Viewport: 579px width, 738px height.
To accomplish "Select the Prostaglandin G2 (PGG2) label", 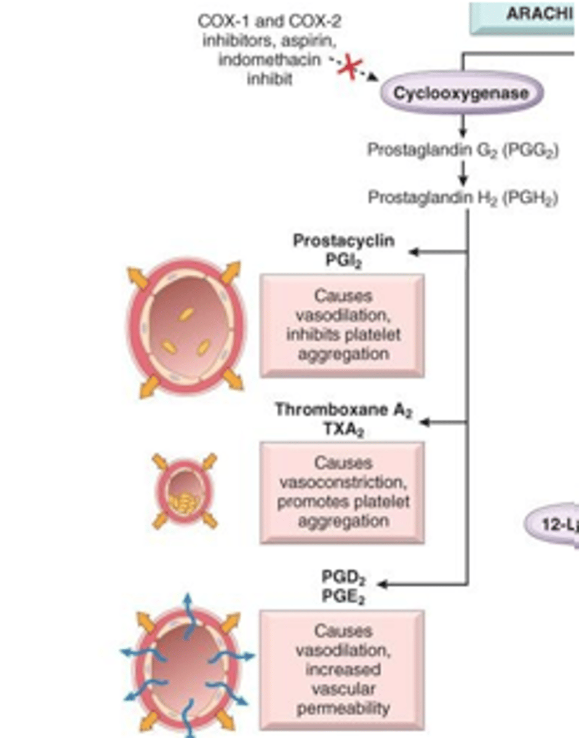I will pyautogui.click(x=463, y=150).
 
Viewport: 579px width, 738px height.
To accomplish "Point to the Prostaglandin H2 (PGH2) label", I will pyautogui.click(x=463, y=198).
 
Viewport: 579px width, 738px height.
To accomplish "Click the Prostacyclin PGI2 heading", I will pyautogui.click(x=343, y=249).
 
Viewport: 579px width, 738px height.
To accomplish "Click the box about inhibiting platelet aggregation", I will pyautogui.click(x=342, y=325).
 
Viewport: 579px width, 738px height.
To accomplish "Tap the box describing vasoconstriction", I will pyautogui.click(x=342, y=492).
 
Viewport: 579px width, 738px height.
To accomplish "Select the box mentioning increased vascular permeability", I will pyautogui.click(x=342, y=670).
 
